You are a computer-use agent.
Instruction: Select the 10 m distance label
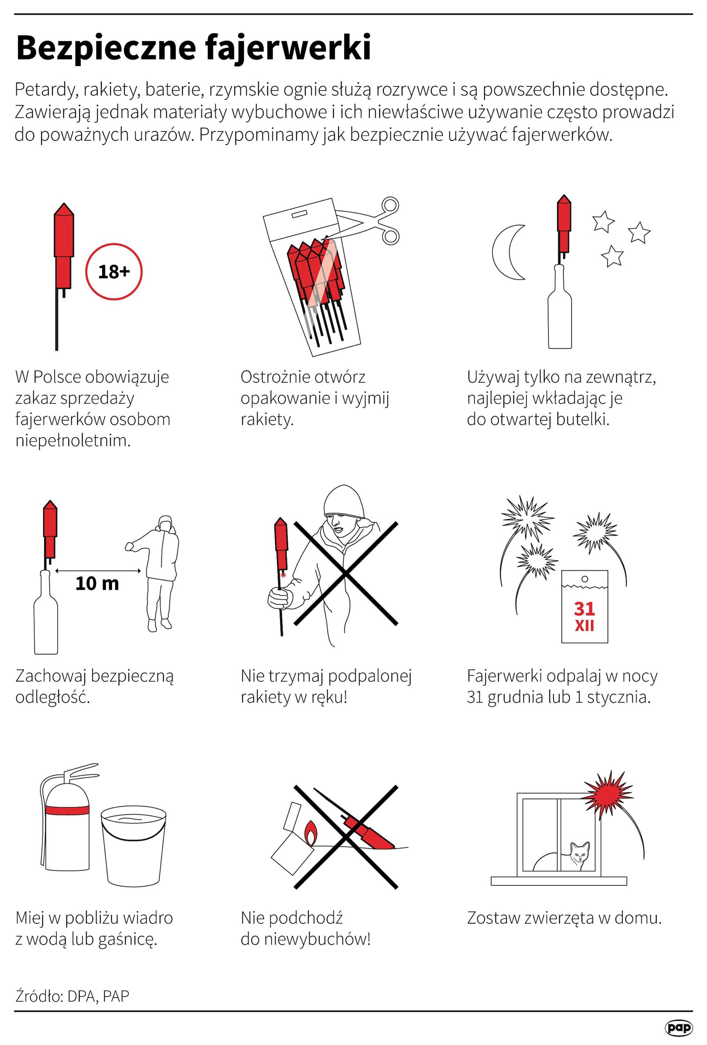97,584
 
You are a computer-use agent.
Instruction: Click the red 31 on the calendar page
584,609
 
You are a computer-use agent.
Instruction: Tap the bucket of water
134,845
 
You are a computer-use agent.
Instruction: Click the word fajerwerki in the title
289,47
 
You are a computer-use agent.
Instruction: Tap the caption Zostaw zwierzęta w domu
564,917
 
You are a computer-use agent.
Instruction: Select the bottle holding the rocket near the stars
560,307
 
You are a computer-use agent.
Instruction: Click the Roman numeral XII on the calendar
584,625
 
